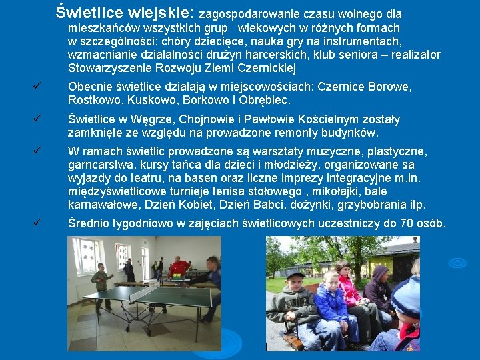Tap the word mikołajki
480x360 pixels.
[x=334, y=191]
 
